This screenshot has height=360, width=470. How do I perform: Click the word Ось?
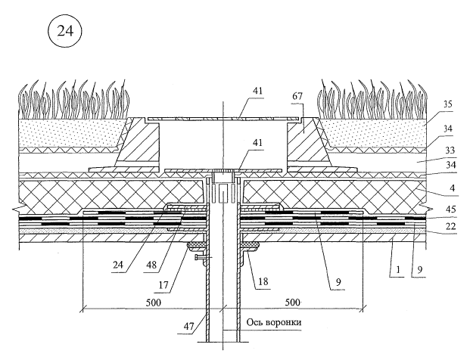pyautogui.click(x=255, y=322)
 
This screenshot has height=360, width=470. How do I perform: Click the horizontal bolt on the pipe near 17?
pyautogui.click(x=198, y=259)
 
